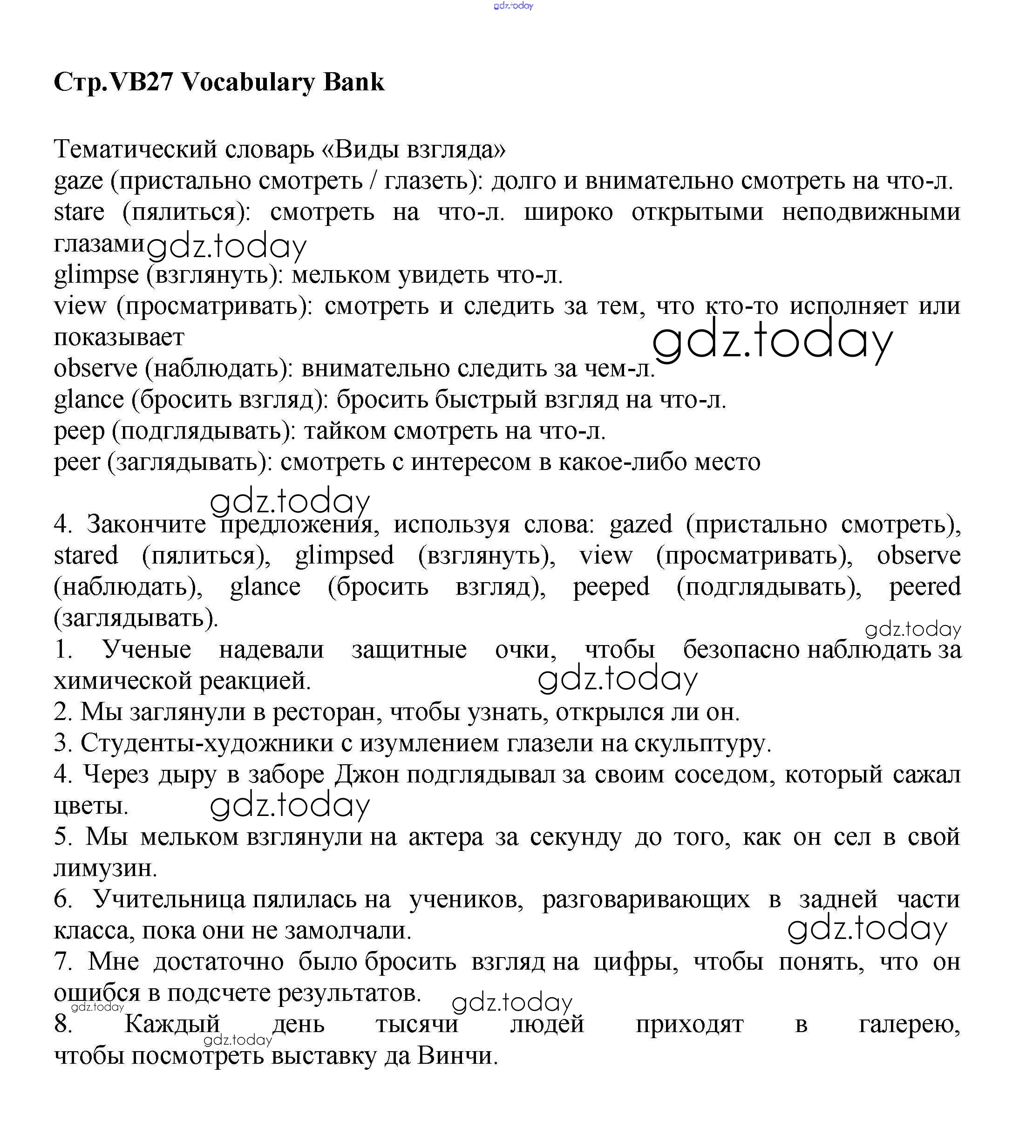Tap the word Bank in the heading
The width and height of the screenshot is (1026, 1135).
point(353,82)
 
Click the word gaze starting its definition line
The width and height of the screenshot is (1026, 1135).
point(78,181)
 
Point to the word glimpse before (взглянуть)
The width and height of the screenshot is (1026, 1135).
point(96,275)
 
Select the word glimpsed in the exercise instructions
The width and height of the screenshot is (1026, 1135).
point(344,556)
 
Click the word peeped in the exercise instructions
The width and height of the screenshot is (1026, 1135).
point(611,587)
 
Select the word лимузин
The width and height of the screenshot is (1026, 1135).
point(105,869)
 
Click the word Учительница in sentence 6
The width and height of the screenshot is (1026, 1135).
point(169,900)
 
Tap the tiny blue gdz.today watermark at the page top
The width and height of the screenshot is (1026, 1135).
point(513,6)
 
